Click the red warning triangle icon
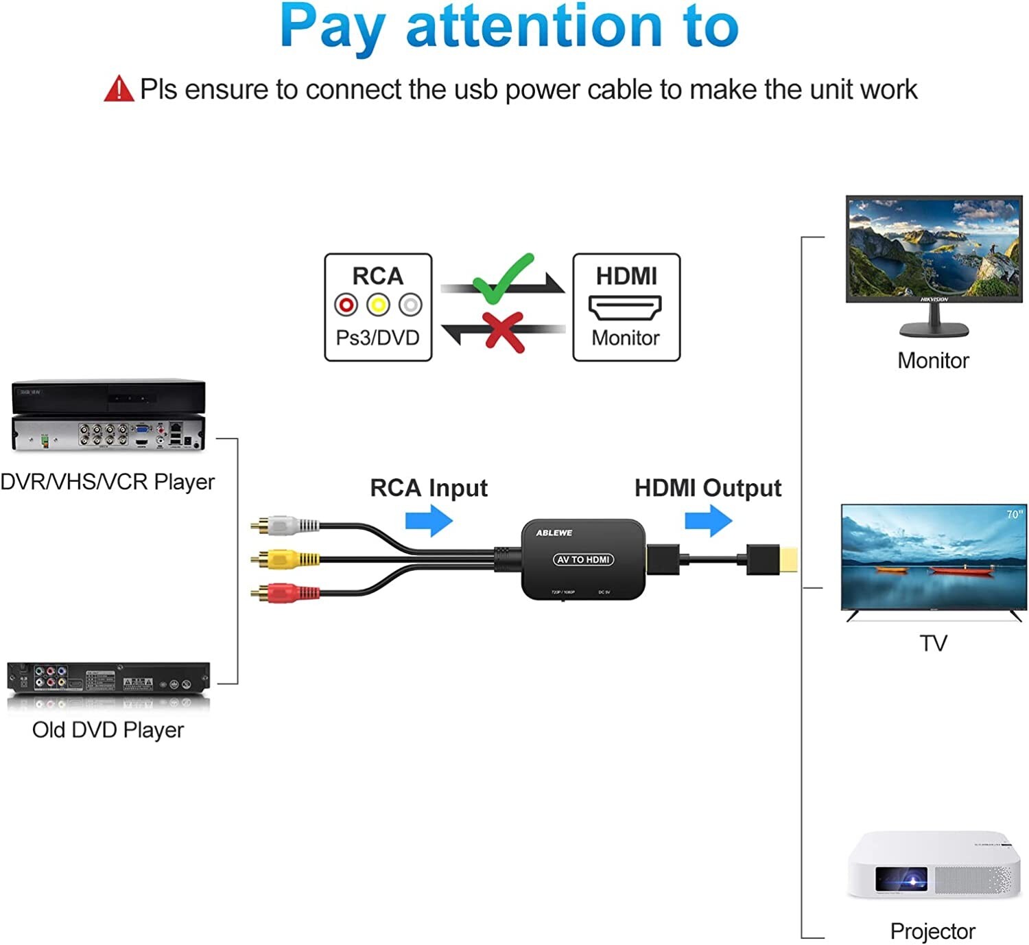[119, 89]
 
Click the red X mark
[503, 331]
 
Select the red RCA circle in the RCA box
[346, 304]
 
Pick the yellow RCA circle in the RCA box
[378, 304]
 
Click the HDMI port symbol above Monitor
[625, 307]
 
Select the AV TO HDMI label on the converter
[583, 559]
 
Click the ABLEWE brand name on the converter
[554, 533]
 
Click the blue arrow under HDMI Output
[709, 521]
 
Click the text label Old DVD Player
[108, 730]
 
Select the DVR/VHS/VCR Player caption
[108, 482]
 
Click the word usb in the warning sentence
[475, 90]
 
